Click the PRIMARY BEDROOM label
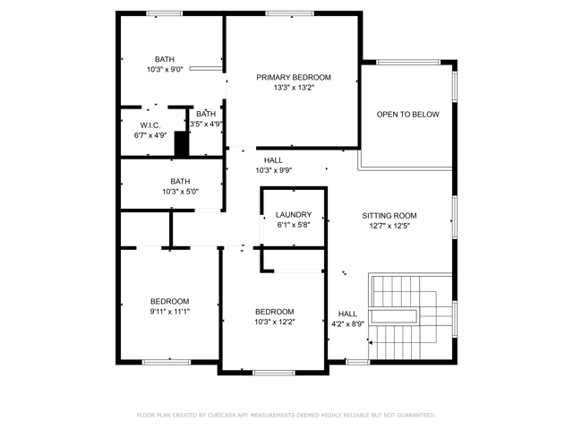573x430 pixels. tap(294, 78)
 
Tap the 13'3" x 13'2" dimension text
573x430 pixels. tap(294, 88)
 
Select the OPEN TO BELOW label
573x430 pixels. tap(408, 115)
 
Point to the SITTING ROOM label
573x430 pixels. tap(389, 216)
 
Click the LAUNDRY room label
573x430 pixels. tap(294, 215)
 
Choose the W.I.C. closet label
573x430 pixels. tap(150, 125)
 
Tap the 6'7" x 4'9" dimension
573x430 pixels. tap(150, 135)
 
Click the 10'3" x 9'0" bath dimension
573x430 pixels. tap(165, 70)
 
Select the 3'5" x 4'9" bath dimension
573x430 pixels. tap(206, 124)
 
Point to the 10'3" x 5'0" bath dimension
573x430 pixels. tap(181, 192)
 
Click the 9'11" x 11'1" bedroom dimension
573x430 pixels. tap(170, 312)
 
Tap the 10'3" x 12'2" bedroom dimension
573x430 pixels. tap(275, 322)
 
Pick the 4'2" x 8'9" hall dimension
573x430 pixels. tap(347, 324)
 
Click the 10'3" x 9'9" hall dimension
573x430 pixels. tap(274, 170)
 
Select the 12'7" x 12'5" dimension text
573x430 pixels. tap(389, 226)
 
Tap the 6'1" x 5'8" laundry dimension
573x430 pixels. tap(294, 225)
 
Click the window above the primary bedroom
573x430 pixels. tap(289, 13)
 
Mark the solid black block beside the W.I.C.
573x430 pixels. tap(181, 144)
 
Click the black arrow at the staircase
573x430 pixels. tap(370, 342)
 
